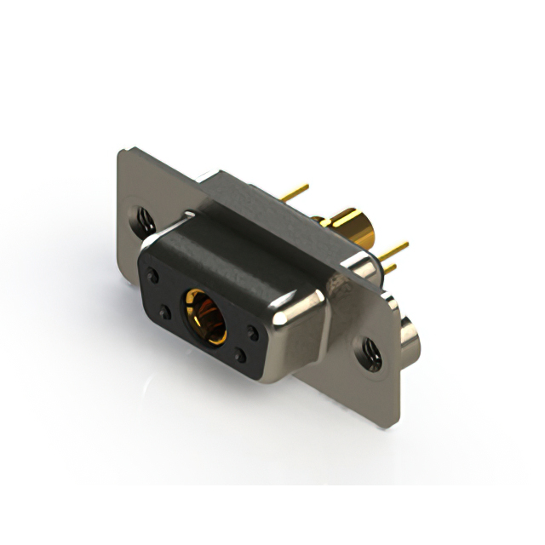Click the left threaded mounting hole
click(143, 221)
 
